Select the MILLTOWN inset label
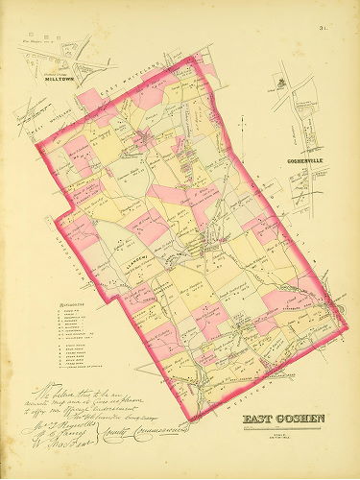[60, 80]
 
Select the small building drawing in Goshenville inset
[280, 84]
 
